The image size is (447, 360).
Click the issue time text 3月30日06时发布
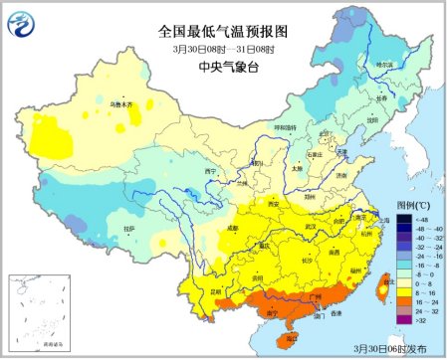click(x=395, y=349)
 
